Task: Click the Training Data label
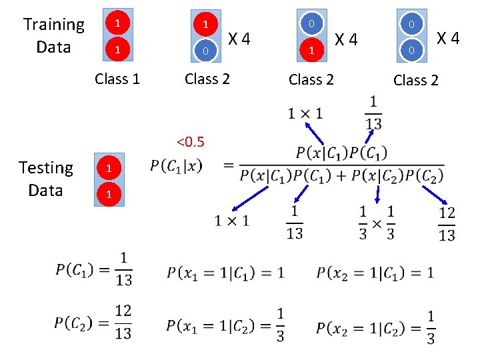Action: pyautogui.click(x=53, y=36)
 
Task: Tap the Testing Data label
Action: pyautogui.click(x=45, y=179)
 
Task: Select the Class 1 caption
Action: pyautogui.click(x=117, y=79)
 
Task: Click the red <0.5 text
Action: pyautogui.click(x=190, y=141)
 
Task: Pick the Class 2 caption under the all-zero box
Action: pyautogui.click(x=415, y=80)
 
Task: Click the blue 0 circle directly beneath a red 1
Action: pyautogui.click(x=206, y=51)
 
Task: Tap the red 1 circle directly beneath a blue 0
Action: pyautogui.click(x=310, y=51)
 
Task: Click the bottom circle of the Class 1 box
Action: pyautogui.click(x=117, y=50)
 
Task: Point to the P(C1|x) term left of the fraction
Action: pyautogui.click(x=177, y=165)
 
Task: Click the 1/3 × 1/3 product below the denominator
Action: pyautogui.click(x=377, y=222)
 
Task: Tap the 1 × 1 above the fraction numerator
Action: pyautogui.click(x=305, y=113)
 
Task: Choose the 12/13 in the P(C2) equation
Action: pyautogui.click(x=123, y=321)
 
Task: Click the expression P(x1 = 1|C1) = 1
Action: pyautogui.click(x=225, y=272)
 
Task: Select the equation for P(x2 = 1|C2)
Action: pyautogui.click(x=376, y=326)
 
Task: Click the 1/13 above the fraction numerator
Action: pyautogui.click(x=373, y=113)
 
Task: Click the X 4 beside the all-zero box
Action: pyautogui.click(x=447, y=37)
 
